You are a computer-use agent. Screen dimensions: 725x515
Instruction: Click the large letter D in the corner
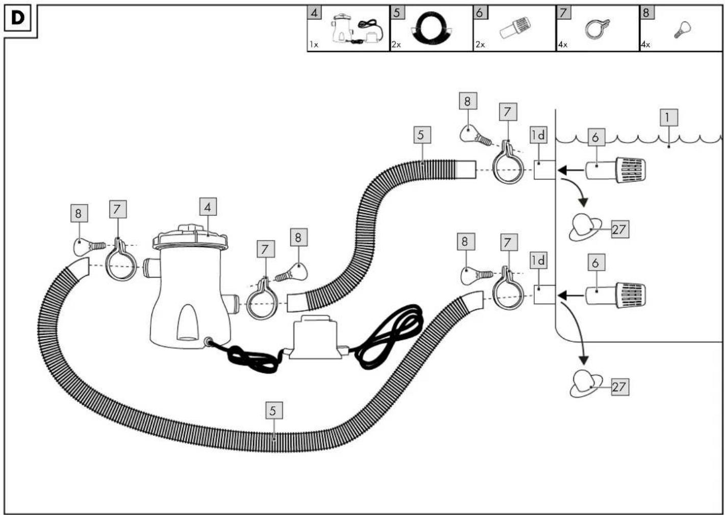click(17, 18)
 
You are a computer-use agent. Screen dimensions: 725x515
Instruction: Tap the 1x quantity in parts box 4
click(314, 45)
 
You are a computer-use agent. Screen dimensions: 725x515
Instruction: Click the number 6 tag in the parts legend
click(480, 13)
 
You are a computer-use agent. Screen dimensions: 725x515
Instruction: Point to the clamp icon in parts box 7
click(597, 29)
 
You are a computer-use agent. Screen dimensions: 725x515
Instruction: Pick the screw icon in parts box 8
click(682, 30)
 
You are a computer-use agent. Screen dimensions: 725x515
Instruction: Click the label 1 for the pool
click(669, 117)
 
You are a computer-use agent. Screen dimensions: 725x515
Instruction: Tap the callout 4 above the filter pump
click(208, 207)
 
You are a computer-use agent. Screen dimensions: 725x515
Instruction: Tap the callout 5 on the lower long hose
click(274, 411)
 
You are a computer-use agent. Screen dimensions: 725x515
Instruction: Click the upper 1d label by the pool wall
click(539, 135)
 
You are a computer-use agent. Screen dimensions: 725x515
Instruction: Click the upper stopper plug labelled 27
click(585, 227)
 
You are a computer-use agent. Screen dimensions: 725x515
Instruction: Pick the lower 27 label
click(620, 387)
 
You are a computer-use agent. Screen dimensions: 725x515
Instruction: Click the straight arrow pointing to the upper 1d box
click(571, 170)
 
